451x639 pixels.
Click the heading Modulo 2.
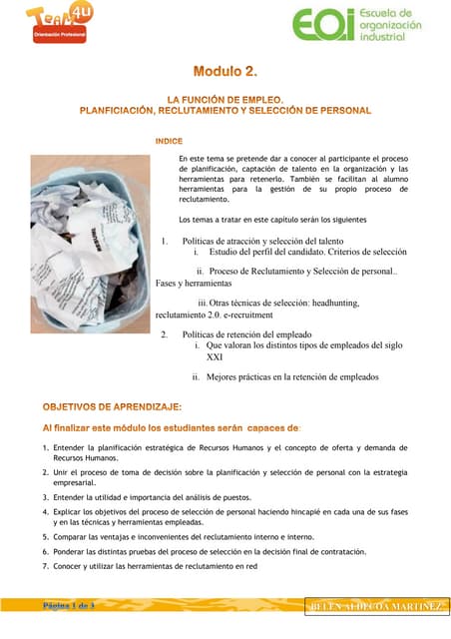coord(225,71)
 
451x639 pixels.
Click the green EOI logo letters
coord(320,25)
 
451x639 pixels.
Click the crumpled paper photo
coord(91,226)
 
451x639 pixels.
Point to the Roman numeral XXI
coord(215,356)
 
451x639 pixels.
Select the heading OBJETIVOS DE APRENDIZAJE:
coord(112,406)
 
